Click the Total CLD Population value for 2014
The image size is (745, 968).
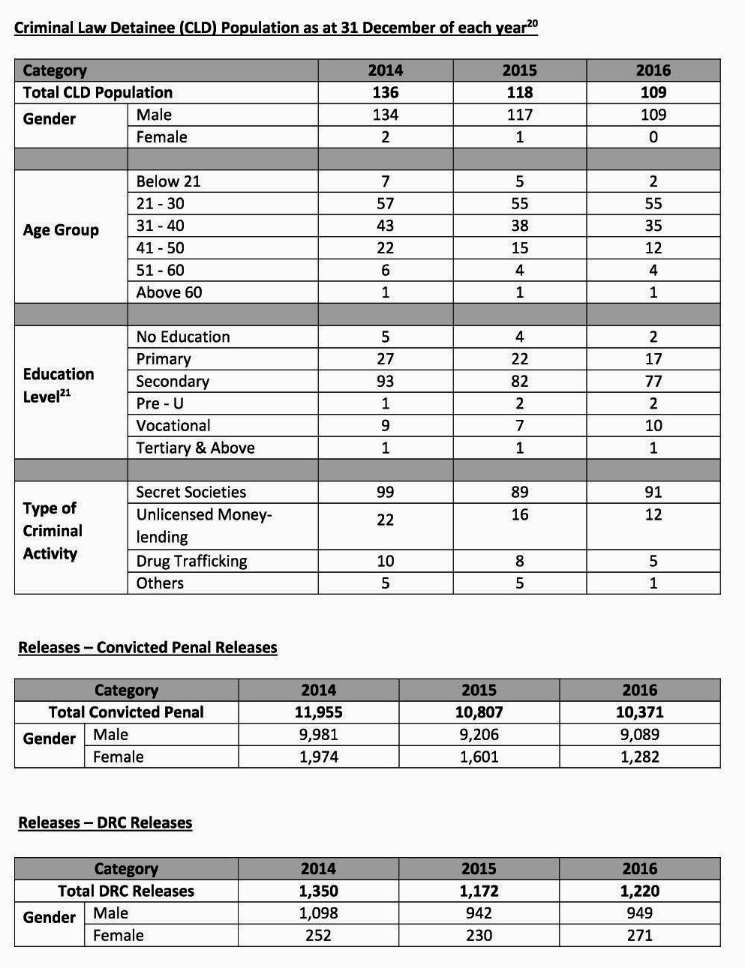[385, 92]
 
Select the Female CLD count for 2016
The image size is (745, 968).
[653, 137]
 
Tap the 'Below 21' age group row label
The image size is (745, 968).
[168, 181]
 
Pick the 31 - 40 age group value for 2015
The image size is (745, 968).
[519, 226]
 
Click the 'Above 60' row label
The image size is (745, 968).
[169, 292]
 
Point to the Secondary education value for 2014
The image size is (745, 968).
[385, 381]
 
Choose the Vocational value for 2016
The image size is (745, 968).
[653, 426]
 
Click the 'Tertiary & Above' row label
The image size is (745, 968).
[195, 448]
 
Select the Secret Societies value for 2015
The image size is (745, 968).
[519, 492]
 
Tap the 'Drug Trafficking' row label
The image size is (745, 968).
[191, 561]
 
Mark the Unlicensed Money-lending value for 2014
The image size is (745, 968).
[385, 520]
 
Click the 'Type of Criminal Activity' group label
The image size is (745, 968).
[50, 531]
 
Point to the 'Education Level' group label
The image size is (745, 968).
[59, 385]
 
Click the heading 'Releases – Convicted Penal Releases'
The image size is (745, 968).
[148, 647]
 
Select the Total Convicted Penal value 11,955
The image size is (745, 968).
[318, 712]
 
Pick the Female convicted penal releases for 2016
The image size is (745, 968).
[639, 757]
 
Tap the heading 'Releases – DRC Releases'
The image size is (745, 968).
[105, 823]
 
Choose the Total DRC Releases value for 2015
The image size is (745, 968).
[479, 891]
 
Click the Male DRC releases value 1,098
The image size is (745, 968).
[318, 913]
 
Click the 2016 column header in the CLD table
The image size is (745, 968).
[653, 70]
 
